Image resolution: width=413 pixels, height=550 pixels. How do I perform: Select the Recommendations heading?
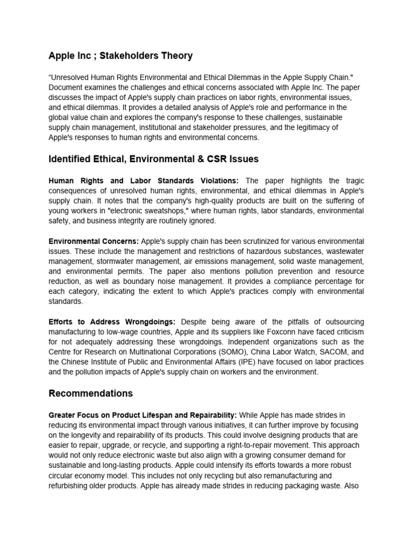click(x=90, y=394)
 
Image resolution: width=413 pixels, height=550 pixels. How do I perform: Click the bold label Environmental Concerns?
click(x=94, y=241)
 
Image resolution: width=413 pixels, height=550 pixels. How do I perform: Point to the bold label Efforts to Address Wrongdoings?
click(x=112, y=322)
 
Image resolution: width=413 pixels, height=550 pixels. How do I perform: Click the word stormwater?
click(x=123, y=261)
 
